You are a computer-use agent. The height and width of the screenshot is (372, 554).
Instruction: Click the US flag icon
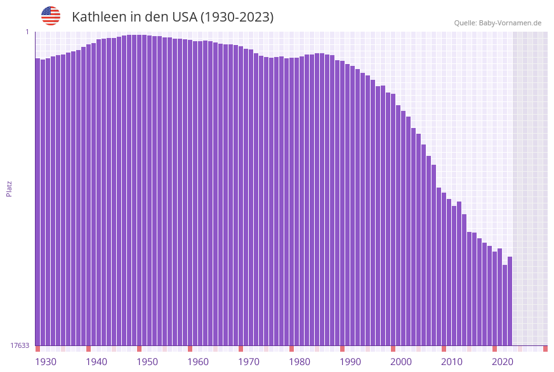[51, 16]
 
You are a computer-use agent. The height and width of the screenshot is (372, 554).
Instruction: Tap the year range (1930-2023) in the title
[237, 17]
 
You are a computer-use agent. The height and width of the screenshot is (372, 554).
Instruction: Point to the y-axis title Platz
[10, 188]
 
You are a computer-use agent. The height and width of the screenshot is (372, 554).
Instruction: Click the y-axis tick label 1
[27, 32]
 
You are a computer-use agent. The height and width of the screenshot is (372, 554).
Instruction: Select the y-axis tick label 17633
[20, 345]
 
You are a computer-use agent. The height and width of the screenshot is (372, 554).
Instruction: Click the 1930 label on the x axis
[45, 362]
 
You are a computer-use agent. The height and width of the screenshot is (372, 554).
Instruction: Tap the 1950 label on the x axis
[147, 362]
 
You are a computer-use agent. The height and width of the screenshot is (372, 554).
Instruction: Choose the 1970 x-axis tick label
[249, 362]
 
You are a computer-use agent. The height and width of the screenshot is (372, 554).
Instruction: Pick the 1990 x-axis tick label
[350, 362]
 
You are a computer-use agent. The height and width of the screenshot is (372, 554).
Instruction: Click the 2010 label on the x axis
[452, 362]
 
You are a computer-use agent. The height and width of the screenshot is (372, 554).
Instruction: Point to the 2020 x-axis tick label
[503, 362]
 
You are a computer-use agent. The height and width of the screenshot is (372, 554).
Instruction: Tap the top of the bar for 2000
[393, 94]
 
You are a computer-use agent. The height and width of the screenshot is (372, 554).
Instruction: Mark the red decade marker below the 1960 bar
[190, 349]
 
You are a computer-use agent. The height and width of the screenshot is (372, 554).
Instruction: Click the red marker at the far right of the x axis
[545, 349]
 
